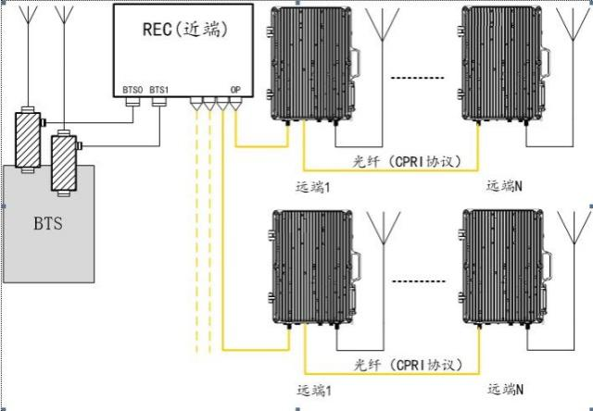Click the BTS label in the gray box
(x=48, y=224)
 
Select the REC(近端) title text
(x=185, y=29)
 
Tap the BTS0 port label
(x=132, y=91)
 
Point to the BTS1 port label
(x=159, y=91)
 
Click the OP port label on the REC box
(x=235, y=91)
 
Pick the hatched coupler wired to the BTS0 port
(x=29, y=140)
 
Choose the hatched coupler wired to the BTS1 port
(x=64, y=163)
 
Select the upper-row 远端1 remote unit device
(x=313, y=65)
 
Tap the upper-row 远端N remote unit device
(x=504, y=65)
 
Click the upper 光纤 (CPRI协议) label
(x=408, y=162)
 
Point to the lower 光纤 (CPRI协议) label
(x=409, y=365)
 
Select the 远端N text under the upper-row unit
(x=504, y=186)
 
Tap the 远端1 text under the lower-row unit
(x=315, y=391)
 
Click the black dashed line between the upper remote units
(x=417, y=78)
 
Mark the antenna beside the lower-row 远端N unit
(x=574, y=280)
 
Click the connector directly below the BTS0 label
(x=132, y=102)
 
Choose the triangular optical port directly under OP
(x=235, y=105)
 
